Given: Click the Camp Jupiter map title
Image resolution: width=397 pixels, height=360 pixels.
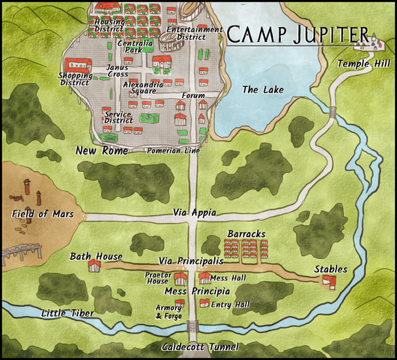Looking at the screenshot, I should [298, 34].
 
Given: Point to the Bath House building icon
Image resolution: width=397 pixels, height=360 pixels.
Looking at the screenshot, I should [94, 266].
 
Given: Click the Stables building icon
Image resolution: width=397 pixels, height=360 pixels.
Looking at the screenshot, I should [328, 281].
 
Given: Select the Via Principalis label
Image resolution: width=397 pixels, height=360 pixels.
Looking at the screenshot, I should [191, 261].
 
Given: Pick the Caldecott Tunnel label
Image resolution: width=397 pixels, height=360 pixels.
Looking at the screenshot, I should [200, 347].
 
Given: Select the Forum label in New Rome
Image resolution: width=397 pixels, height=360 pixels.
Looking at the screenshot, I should [193, 96].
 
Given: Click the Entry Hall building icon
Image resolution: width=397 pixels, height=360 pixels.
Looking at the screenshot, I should [204, 302].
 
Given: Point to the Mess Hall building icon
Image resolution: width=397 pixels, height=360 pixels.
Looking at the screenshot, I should [204, 278].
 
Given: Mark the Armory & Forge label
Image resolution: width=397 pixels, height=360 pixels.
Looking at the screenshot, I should [168, 312].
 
